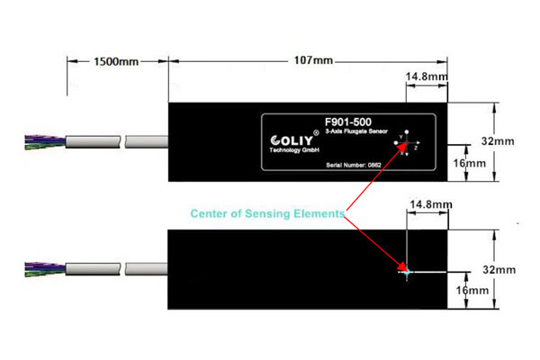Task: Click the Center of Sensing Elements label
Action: (x=267, y=214)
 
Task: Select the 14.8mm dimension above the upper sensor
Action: (x=427, y=77)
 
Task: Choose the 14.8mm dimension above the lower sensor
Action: (x=427, y=206)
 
